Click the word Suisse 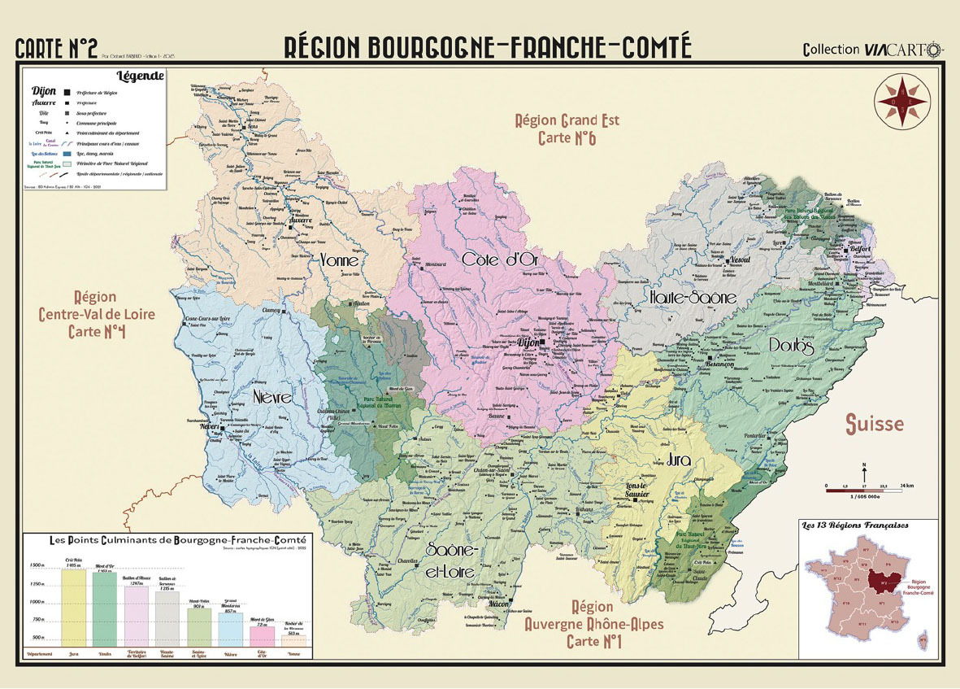pos(874,424)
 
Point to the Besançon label pos(719,364)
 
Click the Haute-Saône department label pos(693,298)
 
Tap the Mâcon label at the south pos(497,605)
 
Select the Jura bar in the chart pos(73,606)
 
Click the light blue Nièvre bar pos(229,629)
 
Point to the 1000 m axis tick pos(36,601)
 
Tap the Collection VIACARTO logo pos(872,49)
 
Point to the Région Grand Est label pos(567,120)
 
